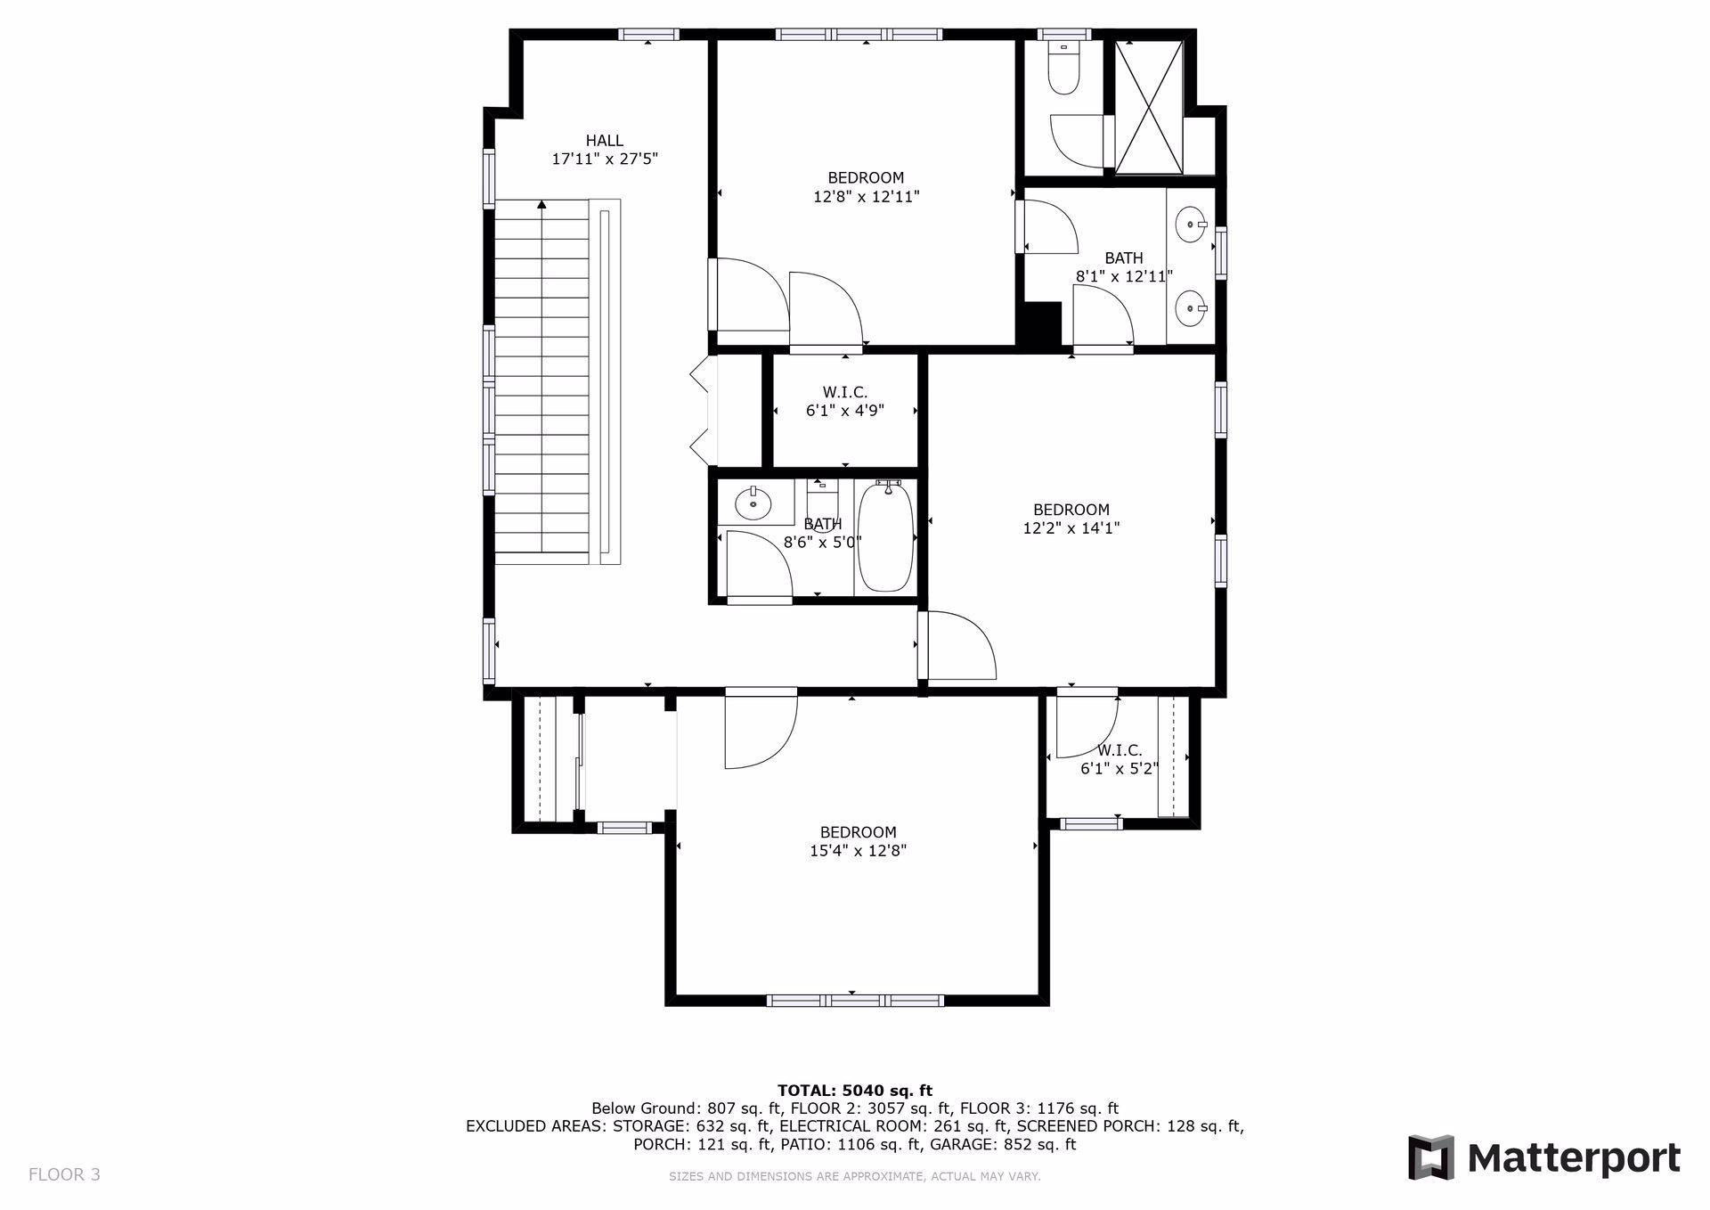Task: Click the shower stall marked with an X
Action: pos(1149,106)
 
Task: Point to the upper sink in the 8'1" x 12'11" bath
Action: pos(1191,224)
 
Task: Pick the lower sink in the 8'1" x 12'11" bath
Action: pos(1191,309)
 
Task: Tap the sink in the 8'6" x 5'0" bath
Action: pos(753,504)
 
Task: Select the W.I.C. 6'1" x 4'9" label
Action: pos(844,402)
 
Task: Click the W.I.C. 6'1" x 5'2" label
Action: pos(1120,760)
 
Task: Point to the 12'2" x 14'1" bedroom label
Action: pos(1071,519)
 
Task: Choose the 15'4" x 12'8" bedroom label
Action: pos(858,842)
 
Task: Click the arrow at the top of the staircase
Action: pos(541,205)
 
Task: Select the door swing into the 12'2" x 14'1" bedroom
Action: pos(959,645)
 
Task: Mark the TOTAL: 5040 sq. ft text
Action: pos(854,1090)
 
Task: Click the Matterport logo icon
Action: pos(1430,1157)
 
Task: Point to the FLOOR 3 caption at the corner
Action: pos(64,1174)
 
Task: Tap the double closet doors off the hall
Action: pos(701,411)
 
